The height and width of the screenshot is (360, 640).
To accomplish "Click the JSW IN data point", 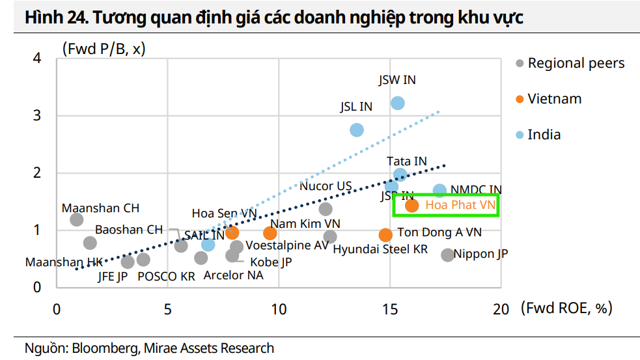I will click(x=398, y=103).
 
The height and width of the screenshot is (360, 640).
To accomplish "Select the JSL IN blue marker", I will click(x=357, y=130).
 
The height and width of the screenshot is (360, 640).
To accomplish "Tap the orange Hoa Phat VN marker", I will click(x=411, y=206).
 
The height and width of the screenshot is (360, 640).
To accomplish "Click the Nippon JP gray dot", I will click(x=447, y=255).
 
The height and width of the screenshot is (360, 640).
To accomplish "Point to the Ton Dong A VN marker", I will click(x=385, y=234).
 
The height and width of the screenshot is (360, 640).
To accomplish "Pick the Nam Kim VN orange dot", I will click(x=270, y=233).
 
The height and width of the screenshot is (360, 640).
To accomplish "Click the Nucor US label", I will click(x=325, y=186).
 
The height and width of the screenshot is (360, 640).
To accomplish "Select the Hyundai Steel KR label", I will click(x=380, y=249).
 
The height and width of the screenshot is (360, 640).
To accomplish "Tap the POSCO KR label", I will click(x=165, y=276).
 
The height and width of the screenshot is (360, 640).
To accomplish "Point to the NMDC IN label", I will click(x=476, y=189).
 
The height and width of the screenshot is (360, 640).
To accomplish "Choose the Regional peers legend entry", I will click(x=576, y=63).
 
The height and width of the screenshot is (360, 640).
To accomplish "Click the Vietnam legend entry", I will click(x=554, y=99).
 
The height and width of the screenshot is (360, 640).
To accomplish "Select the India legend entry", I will click(x=544, y=135).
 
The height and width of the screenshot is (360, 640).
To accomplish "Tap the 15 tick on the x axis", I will click(x=390, y=309).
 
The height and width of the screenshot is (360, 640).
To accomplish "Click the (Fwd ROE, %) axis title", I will click(x=566, y=308).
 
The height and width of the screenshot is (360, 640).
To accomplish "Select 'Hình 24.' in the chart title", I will click(x=55, y=18).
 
